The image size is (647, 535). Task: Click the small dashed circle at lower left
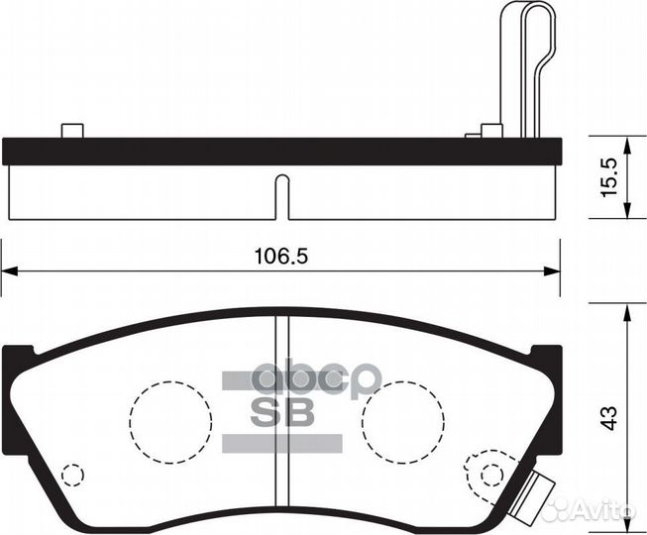[71, 475]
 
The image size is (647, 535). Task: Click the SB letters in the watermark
[281, 412]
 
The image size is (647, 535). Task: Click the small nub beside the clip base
[488, 130]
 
